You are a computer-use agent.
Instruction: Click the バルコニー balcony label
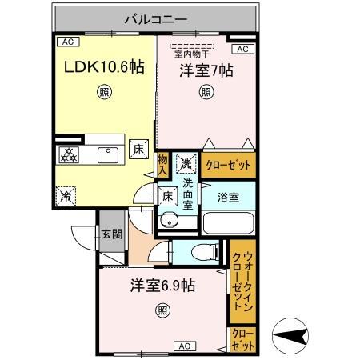coord(156,19)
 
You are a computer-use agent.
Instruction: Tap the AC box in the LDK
coord(68,42)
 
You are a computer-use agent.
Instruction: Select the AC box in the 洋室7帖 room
coord(242,49)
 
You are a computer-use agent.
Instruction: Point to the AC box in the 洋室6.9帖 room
coord(185,346)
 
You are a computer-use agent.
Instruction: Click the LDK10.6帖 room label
coord(104,66)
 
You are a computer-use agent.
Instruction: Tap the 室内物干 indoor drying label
coord(192,54)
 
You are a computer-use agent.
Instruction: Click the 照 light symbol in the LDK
coord(104,92)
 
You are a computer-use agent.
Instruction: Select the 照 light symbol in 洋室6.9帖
coord(162,310)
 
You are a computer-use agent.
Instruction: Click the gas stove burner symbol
coord(69,155)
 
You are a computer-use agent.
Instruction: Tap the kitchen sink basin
coord(108,155)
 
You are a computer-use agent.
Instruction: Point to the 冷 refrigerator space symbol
coord(66,196)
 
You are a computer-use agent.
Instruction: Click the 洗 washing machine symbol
coord(186,163)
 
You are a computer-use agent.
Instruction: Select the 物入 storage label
coord(162,165)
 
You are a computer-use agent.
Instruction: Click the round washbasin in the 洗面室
coord(169,220)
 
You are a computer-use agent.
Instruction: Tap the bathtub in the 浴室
coord(228,223)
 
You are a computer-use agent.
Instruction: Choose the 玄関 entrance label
coord(112,234)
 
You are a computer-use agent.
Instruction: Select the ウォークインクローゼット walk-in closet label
coord(242,282)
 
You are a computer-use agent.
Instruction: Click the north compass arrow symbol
coord(290,336)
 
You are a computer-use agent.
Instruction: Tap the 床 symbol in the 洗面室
coord(168,196)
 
